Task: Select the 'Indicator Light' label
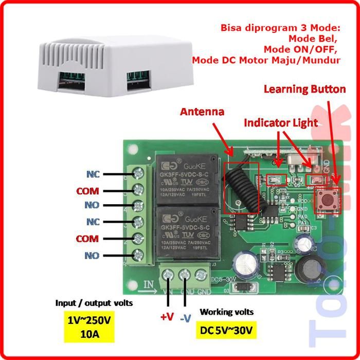point(280,123)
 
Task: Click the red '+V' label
point(167,317)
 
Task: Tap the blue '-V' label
point(186,317)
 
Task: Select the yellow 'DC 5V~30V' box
point(227,330)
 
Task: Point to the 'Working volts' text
point(226,312)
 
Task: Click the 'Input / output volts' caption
point(94,303)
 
